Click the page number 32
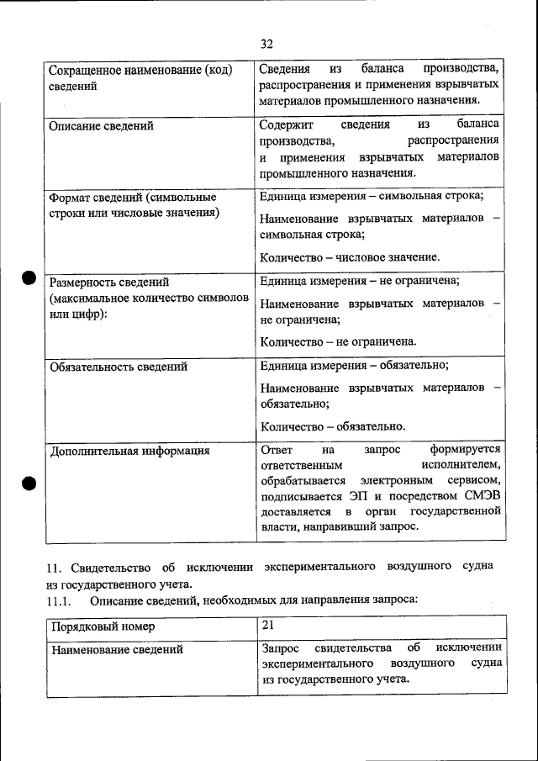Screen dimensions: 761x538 click(267, 44)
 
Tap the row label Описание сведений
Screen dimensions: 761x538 click(102, 126)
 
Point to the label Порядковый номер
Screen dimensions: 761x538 click(103, 626)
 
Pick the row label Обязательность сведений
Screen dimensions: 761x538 click(119, 367)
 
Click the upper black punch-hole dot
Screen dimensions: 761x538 click(29, 278)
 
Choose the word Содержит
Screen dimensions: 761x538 click(287, 124)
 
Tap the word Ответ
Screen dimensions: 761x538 click(277, 449)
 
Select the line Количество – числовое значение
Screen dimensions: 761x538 click(350, 256)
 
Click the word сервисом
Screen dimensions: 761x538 click(478, 480)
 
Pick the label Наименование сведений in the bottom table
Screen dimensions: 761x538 click(118, 649)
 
